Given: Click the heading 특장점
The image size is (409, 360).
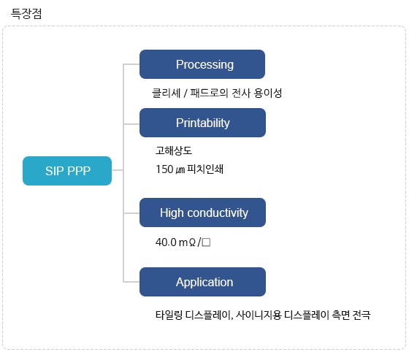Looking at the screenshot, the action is click(26, 14).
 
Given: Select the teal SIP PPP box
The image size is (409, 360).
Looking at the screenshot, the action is click(67, 171).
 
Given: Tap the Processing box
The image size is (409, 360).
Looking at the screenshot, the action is click(202, 64).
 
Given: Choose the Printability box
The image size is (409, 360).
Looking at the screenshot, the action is click(203, 123).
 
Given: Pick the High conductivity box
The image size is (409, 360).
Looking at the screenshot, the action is click(203, 212).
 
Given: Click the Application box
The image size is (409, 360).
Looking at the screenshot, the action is click(203, 282).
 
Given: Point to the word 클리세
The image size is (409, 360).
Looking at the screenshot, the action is click(167, 93).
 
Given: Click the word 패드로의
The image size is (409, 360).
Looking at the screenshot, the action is click(209, 93).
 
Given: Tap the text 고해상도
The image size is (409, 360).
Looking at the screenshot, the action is click(174, 150).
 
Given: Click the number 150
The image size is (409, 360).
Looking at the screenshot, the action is click(164, 169).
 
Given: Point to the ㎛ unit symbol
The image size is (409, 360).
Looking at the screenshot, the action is click(180, 170).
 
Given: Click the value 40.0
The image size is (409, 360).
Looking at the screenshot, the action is click(166, 242).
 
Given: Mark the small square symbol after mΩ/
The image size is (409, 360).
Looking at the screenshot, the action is click(206, 242).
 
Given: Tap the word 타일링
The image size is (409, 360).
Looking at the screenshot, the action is click(169, 315).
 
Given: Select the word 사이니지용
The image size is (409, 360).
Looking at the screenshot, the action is click(259, 315).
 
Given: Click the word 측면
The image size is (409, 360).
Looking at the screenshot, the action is click(340, 315).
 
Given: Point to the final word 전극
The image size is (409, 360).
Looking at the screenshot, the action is click(362, 315).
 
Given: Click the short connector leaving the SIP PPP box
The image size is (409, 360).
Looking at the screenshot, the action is click(118, 170).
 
